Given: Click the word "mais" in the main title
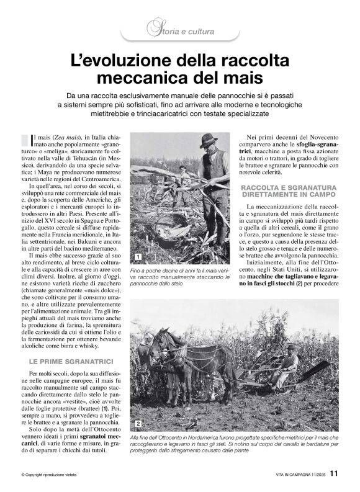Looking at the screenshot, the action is [x=238, y=79].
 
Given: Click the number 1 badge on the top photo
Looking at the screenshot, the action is [x=136, y=256].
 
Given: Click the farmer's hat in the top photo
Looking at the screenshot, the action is [x=208, y=140].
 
